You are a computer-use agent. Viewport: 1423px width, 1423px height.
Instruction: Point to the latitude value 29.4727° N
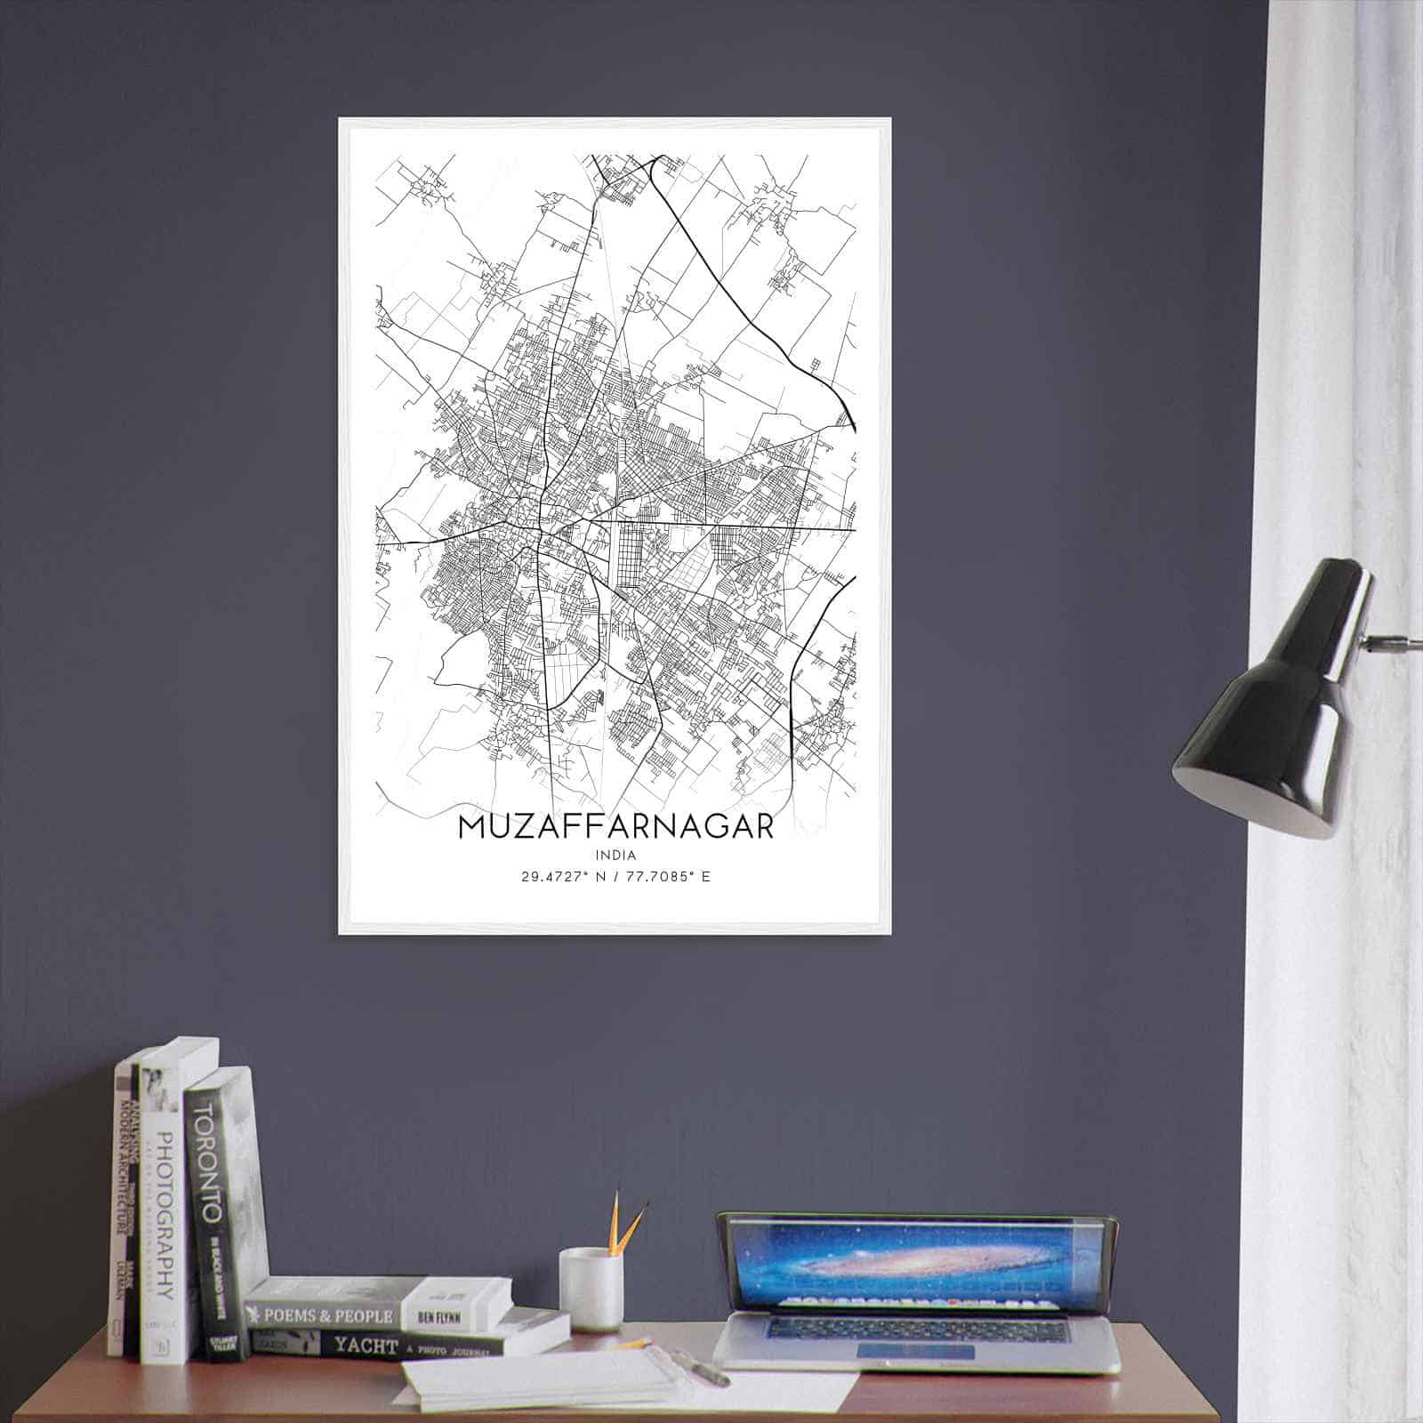point(563,877)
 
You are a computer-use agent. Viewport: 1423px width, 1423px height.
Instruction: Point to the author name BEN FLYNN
point(452,1313)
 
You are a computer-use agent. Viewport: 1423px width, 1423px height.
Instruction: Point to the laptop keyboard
point(916,1329)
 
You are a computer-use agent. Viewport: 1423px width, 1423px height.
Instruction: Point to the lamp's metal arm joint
point(1370,640)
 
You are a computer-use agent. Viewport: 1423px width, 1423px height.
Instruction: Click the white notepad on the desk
point(543,1379)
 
